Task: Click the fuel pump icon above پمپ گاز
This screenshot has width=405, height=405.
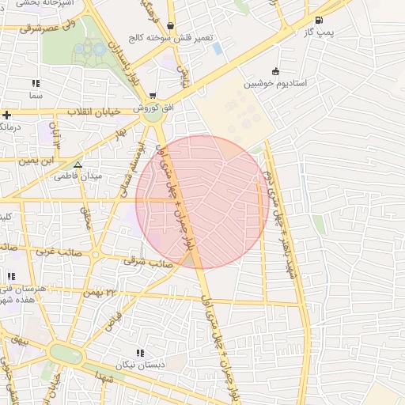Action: (x=319, y=21)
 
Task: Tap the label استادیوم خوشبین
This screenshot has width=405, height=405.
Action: (x=274, y=82)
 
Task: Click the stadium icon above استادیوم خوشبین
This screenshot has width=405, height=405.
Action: (x=275, y=71)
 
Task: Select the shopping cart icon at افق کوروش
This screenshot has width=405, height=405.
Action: (x=152, y=95)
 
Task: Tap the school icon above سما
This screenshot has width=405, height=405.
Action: (x=35, y=83)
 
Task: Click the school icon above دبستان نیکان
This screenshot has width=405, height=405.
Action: (x=140, y=353)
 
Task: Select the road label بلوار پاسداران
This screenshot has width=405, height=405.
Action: (x=131, y=62)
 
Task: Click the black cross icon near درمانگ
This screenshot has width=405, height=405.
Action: (x=6, y=115)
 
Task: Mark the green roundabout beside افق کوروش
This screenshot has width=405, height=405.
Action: (x=153, y=114)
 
